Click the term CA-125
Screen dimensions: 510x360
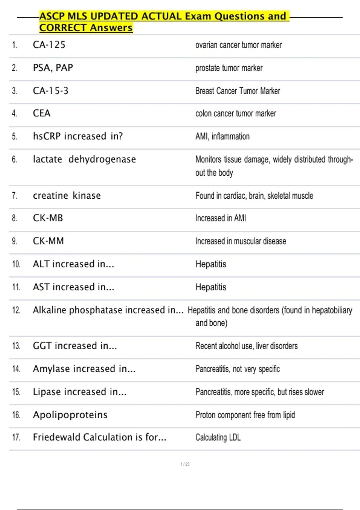[49, 45]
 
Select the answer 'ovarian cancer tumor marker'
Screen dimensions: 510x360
[238, 45]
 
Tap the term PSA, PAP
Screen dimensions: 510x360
[53, 68]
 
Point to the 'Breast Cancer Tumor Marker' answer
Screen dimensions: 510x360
[238, 91]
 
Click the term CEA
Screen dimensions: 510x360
[42, 113]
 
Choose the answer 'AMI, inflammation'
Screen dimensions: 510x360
[222, 136]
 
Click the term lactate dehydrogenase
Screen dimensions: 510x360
[84, 159]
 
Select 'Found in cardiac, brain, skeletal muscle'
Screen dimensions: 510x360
[254, 196]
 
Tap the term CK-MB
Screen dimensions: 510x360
[48, 218]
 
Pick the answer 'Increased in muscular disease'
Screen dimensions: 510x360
[241, 241]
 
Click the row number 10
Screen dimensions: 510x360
[16, 264]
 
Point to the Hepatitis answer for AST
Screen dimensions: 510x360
[211, 287]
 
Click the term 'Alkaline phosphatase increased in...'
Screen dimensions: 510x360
[108, 310]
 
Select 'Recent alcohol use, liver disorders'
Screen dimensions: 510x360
[246, 346]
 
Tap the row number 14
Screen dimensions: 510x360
[16, 369]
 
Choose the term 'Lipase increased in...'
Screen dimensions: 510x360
[79, 392]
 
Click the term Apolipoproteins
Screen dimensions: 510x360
[70, 415]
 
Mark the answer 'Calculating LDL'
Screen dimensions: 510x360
[218, 437]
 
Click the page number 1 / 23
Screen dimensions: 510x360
[185, 464]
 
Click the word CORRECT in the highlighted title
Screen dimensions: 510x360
[63, 28]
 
